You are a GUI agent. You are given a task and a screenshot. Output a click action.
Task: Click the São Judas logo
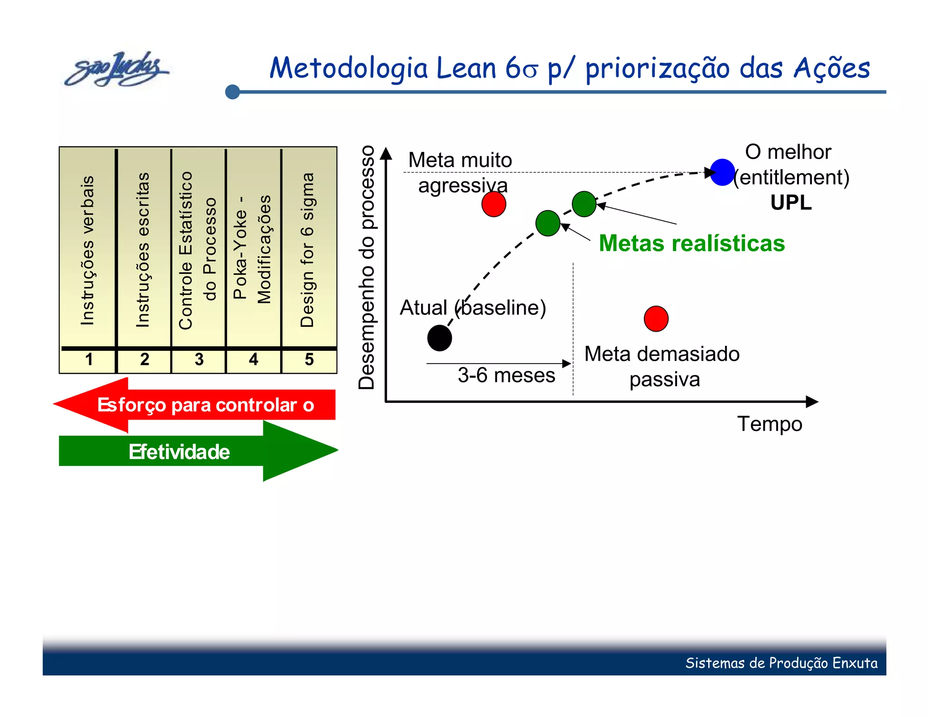tap(116, 69)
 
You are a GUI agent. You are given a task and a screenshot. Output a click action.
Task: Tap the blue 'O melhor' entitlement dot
tap(722, 172)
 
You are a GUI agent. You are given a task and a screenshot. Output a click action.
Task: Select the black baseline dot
tap(440, 338)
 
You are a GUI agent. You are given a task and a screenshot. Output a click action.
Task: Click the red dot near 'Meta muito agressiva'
tap(493, 204)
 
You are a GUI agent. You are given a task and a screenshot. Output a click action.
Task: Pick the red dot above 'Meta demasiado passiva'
tap(656, 319)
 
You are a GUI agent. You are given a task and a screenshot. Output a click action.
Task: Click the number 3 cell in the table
tap(198, 360)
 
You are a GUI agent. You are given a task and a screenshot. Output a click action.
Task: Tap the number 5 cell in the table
tap(309, 360)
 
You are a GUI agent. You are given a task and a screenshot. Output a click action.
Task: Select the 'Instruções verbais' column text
tap(87, 250)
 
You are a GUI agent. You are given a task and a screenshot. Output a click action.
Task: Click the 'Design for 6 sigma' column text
tap(307, 250)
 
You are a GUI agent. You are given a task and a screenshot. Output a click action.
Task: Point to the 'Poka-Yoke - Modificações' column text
tap(252, 250)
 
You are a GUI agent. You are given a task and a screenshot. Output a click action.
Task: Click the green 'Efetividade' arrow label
tap(179, 452)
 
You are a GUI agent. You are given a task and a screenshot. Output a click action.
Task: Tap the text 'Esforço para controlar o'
tap(205, 405)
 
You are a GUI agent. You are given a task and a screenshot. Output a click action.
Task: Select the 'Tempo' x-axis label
tap(769, 424)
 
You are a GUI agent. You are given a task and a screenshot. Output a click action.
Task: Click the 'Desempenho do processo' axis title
tap(367, 267)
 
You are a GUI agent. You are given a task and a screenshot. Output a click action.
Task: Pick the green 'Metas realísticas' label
tap(691, 243)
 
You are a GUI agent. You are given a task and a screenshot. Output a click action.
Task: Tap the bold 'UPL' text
tap(791, 203)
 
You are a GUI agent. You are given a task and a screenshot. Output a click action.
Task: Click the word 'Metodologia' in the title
tap(348, 68)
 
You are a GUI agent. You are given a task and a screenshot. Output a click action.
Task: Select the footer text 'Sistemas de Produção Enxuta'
tap(781, 663)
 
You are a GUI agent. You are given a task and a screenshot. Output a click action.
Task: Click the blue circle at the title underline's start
tap(232, 92)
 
